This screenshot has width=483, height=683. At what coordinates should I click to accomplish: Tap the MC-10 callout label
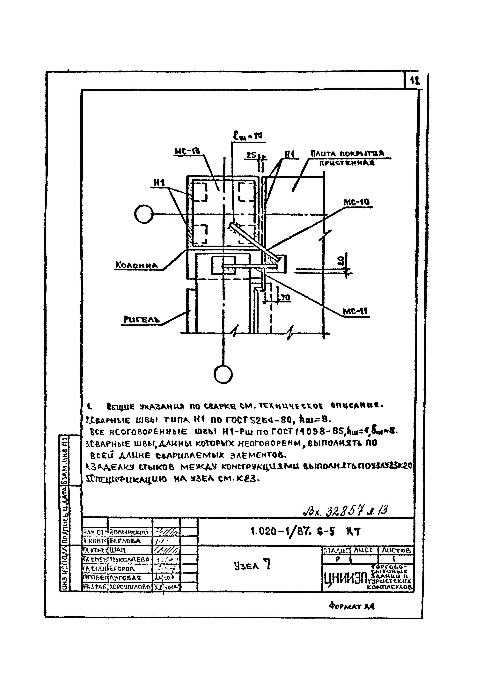[x=356, y=202]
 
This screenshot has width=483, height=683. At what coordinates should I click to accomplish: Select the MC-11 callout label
[x=355, y=311]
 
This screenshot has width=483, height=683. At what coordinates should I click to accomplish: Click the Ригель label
[x=142, y=320]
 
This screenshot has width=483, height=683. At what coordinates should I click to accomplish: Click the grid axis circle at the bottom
[x=223, y=374]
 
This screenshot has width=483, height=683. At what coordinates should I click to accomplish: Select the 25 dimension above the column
[x=252, y=155]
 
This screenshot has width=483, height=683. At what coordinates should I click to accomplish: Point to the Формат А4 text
[x=351, y=606]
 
